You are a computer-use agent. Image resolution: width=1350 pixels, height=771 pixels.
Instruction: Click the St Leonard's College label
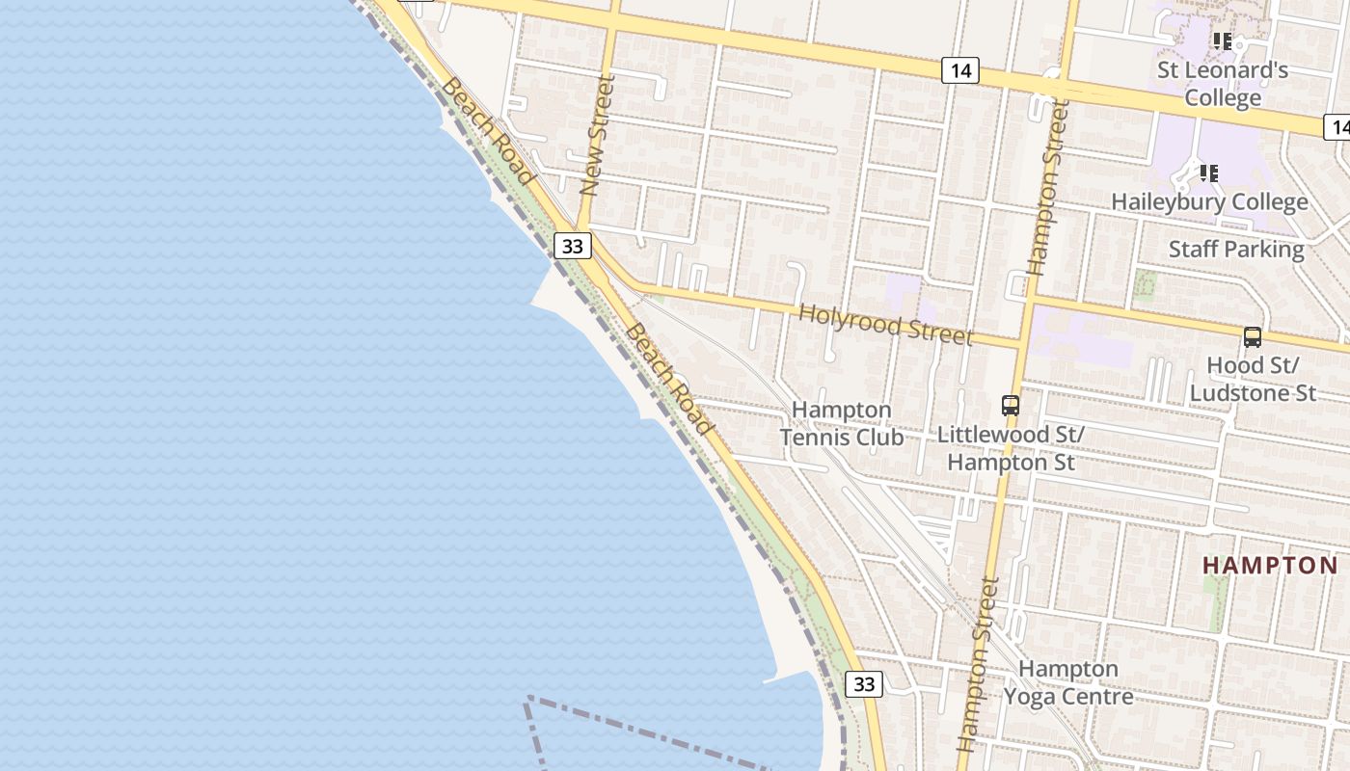(1223, 84)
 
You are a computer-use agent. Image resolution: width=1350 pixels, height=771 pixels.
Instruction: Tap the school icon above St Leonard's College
(1223, 41)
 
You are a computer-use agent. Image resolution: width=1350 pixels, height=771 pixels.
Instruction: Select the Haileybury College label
(1209, 202)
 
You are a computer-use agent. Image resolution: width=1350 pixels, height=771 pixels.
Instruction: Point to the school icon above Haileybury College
(1208, 173)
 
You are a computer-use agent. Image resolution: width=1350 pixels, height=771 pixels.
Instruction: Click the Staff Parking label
(1236, 249)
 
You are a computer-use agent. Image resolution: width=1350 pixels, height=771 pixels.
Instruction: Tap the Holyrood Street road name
(885, 324)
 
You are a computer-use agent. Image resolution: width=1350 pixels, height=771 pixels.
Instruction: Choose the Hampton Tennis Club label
(841, 424)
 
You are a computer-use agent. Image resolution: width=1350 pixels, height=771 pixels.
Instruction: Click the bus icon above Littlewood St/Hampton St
(1011, 406)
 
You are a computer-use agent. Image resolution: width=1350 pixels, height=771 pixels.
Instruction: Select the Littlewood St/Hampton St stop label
(1011, 448)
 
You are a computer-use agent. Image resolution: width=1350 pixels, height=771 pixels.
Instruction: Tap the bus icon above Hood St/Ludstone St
(1253, 337)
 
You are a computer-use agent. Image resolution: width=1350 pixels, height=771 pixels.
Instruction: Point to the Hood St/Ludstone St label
(1253, 379)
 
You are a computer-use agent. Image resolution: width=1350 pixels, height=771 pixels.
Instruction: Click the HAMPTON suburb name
(1270, 566)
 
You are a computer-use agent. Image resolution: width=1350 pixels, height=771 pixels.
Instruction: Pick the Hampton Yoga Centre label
(1068, 682)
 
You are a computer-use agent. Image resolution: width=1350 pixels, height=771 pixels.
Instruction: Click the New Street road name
(599, 137)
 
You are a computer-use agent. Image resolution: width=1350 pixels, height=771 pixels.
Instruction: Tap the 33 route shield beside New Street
(573, 246)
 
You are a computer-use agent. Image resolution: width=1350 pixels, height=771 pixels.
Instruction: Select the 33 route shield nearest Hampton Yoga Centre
(864, 684)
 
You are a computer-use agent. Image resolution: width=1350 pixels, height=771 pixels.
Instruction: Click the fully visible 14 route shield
(960, 70)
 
